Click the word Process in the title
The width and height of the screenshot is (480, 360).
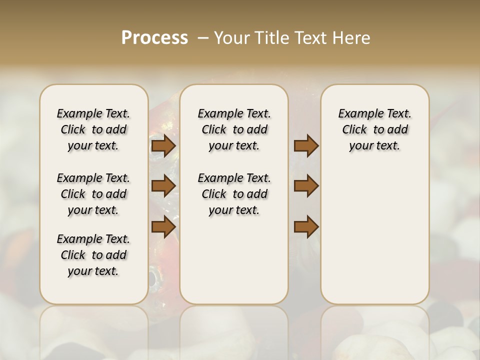click(x=154, y=38)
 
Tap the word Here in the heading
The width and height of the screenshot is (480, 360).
click(x=351, y=38)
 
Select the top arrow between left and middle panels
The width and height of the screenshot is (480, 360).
click(x=163, y=145)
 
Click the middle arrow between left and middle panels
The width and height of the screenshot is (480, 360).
click(x=163, y=186)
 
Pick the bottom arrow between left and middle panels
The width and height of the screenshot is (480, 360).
click(x=163, y=227)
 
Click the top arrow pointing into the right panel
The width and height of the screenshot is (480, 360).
click(x=306, y=145)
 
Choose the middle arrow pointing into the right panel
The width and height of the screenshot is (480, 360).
click(x=306, y=186)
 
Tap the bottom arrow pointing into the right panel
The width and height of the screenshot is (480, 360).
click(x=306, y=227)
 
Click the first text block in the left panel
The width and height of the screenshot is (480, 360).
click(x=93, y=129)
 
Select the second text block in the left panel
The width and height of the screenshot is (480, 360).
click(x=93, y=194)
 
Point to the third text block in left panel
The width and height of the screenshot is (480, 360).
click(x=93, y=255)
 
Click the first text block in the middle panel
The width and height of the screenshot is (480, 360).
click(x=234, y=129)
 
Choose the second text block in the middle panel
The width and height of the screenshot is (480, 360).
click(x=234, y=194)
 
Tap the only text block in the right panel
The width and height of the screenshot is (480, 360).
click(x=374, y=129)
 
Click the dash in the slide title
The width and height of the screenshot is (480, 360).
click(x=203, y=38)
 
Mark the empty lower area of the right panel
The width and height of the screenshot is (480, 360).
click(x=374, y=235)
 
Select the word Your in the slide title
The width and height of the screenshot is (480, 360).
click(x=230, y=38)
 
